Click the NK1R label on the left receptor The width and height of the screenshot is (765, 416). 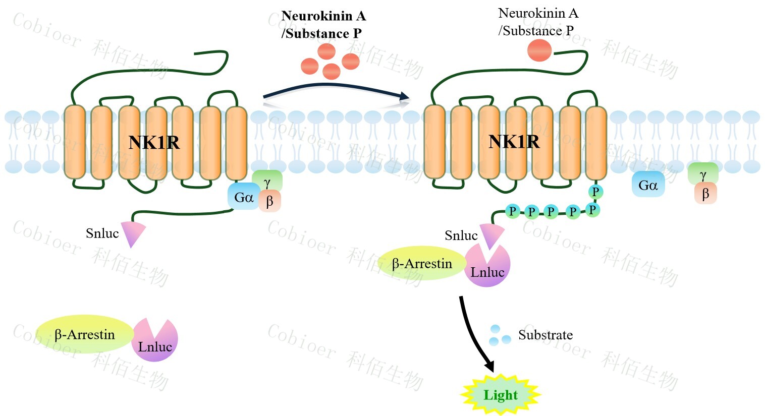pos(154,143)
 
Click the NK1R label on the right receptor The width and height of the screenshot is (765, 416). pos(514,142)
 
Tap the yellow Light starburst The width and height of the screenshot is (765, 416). pos(501,395)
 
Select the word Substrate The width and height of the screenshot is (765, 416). pos(545,335)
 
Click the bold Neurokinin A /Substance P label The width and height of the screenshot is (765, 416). pos(323,25)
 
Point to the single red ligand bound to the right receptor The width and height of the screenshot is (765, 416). pos(539,51)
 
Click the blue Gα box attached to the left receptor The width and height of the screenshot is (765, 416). pos(243,197)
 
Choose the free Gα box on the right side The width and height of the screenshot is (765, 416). pos(648,185)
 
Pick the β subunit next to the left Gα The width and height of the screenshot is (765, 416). pos(270,201)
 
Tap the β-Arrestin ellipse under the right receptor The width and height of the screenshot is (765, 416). pos(421,263)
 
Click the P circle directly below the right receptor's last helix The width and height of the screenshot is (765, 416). pos(595,192)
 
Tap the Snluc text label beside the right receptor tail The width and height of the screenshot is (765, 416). pos(461,235)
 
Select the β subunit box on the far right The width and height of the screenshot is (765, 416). pos(705,194)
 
